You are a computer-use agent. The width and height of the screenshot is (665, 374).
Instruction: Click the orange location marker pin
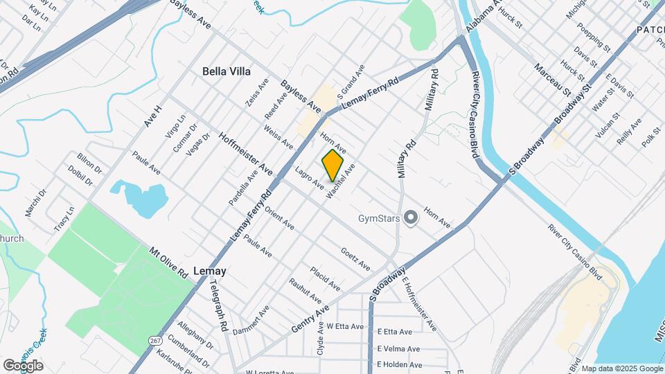(333, 165)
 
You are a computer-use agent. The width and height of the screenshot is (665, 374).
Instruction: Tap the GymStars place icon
(411, 219)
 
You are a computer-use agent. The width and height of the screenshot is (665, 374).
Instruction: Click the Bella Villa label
(226, 71)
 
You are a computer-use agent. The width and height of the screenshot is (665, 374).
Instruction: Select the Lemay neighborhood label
(210, 271)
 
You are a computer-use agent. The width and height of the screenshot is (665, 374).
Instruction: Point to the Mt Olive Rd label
(169, 262)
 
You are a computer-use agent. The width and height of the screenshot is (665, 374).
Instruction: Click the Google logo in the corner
(23, 365)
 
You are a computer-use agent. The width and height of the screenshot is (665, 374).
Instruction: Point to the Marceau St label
(551, 80)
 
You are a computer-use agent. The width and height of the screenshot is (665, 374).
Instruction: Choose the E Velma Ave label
(398, 349)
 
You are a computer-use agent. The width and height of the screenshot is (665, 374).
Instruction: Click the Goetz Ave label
(355, 259)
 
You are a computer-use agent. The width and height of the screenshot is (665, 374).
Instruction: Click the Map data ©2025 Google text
(621, 368)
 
